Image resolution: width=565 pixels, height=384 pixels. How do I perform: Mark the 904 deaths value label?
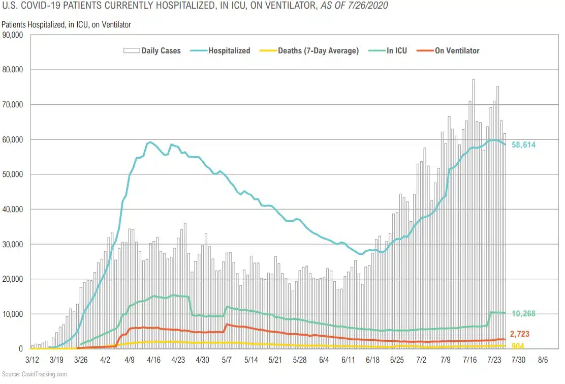point(518,346)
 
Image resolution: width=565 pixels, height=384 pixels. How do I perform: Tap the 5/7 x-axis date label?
point(227,360)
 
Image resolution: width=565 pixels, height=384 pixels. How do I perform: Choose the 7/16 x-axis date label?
point(473,360)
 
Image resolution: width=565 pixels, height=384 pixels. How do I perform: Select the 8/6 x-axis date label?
point(543,360)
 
